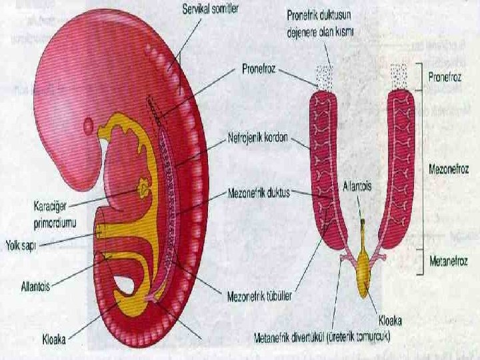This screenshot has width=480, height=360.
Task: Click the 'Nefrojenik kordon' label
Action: tap(257, 137)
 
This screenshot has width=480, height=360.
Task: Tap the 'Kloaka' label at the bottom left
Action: tap(50, 338)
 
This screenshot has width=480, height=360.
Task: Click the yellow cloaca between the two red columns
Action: tap(364, 267)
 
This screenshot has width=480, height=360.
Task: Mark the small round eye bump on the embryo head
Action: tap(90, 125)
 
